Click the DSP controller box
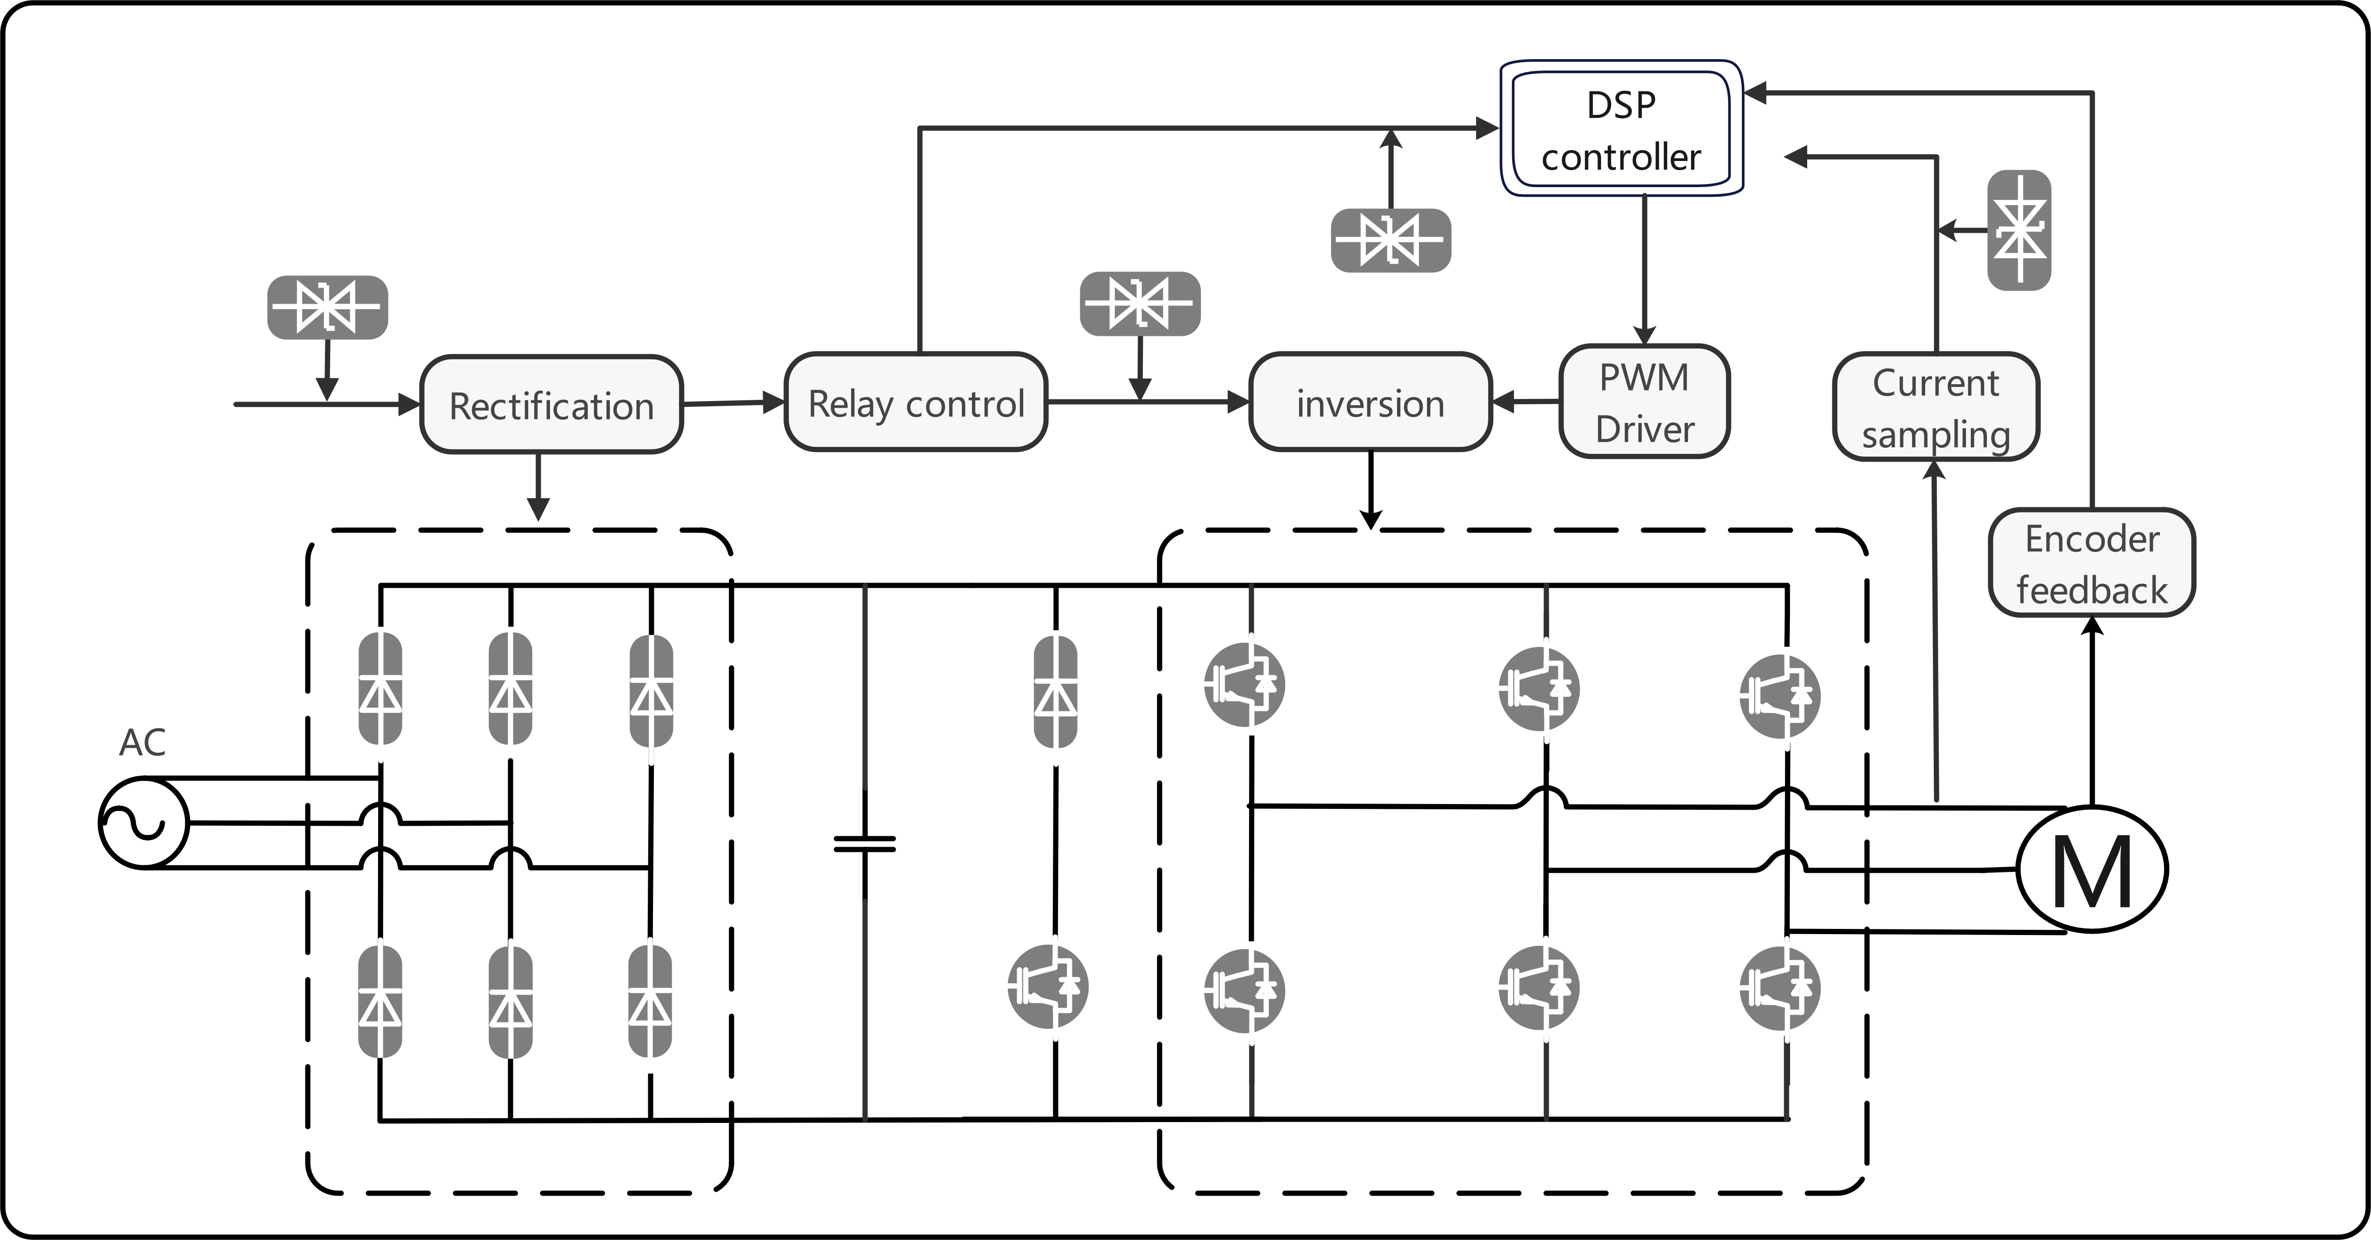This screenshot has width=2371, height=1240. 1622,129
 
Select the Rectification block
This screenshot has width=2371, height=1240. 551,404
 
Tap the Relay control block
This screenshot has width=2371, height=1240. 916,402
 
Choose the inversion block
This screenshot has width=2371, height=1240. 1370,402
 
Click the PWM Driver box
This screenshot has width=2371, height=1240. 1645,401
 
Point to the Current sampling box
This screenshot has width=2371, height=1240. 1936,407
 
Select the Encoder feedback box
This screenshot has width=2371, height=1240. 2092,563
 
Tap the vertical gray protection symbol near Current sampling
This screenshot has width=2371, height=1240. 2019,230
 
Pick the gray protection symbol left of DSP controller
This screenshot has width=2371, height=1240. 1391,240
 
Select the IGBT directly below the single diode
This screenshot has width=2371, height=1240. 1048,986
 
